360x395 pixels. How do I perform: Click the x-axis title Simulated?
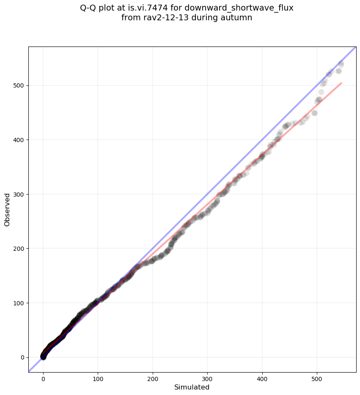pyautogui.click(x=192, y=387)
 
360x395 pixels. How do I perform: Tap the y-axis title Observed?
pyautogui.click(x=7, y=210)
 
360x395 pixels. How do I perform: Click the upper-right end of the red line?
pyautogui.click(x=341, y=83)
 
